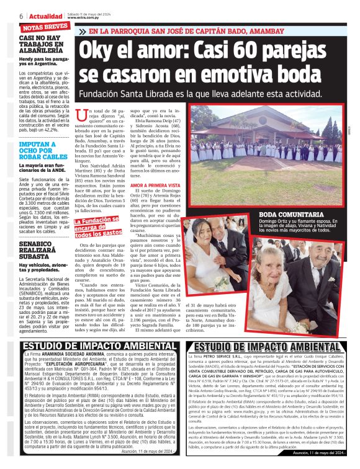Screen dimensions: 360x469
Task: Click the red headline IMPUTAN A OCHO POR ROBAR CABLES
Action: click(x=40, y=153)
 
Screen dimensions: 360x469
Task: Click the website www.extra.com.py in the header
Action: click(x=83, y=18)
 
